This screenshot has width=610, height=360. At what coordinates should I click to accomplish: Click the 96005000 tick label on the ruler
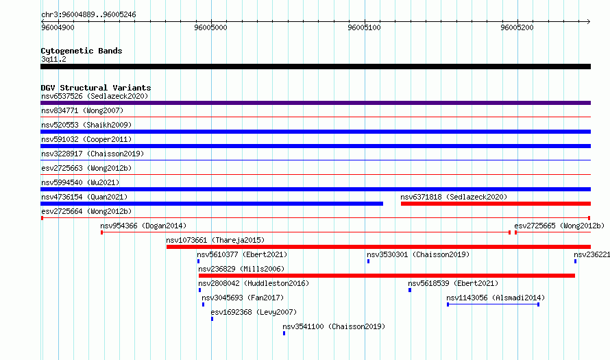pyautogui.click(x=210, y=27)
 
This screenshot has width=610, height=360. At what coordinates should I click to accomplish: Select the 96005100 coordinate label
pyautogui.click(x=364, y=27)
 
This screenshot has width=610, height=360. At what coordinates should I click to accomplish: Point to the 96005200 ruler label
pyautogui.click(x=517, y=27)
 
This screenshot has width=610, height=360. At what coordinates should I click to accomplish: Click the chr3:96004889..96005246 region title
pyautogui.click(x=88, y=15)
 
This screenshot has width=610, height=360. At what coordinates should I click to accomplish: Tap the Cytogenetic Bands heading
pyautogui.click(x=82, y=51)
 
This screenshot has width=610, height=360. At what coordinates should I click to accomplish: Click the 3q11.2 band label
pyautogui.click(x=53, y=59)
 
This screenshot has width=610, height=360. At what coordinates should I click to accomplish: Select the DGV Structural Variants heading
pyautogui.click(x=96, y=88)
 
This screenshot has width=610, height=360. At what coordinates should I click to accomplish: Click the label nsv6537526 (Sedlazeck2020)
pyautogui.click(x=95, y=96)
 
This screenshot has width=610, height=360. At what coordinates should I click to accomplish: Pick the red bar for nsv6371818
pyautogui.click(x=496, y=204)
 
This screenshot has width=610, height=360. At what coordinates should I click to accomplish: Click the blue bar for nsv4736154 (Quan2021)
pyautogui.click(x=212, y=204)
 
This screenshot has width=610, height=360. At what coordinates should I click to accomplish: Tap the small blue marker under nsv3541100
pyautogui.click(x=284, y=333)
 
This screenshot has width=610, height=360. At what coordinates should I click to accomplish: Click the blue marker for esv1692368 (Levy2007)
pyautogui.click(x=212, y=319)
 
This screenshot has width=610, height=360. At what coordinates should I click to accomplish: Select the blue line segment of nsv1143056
pyautogui.click(x=493, y=304)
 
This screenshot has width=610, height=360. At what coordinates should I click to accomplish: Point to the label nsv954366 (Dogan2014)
pyautogui.click(x=143, y=226)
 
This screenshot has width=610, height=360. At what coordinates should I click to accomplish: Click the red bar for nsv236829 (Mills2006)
pyautogui.click(x=387, y=276)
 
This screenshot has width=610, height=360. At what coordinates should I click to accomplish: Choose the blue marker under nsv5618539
pyautogui.click(x=410, y=290)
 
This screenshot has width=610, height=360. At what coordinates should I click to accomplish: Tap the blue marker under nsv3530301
pyautogui.click(x=369, y=261)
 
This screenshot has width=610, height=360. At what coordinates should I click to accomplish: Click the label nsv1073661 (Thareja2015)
pyautogui.click(x=215, y=240)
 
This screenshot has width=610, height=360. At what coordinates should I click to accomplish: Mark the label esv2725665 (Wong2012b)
pyautogui.click(x=559, y=226)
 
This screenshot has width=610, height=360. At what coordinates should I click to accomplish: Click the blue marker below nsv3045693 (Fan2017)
pyautogui.click(x=203, y=304)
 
